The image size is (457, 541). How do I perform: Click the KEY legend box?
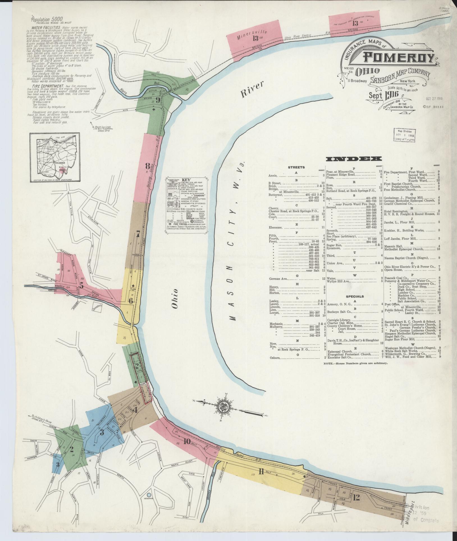click(x=186, y=204)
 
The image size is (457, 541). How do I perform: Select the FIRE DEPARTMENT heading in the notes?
click(x=46, y=86)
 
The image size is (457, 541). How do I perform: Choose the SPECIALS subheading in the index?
click(x=355, y=296)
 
